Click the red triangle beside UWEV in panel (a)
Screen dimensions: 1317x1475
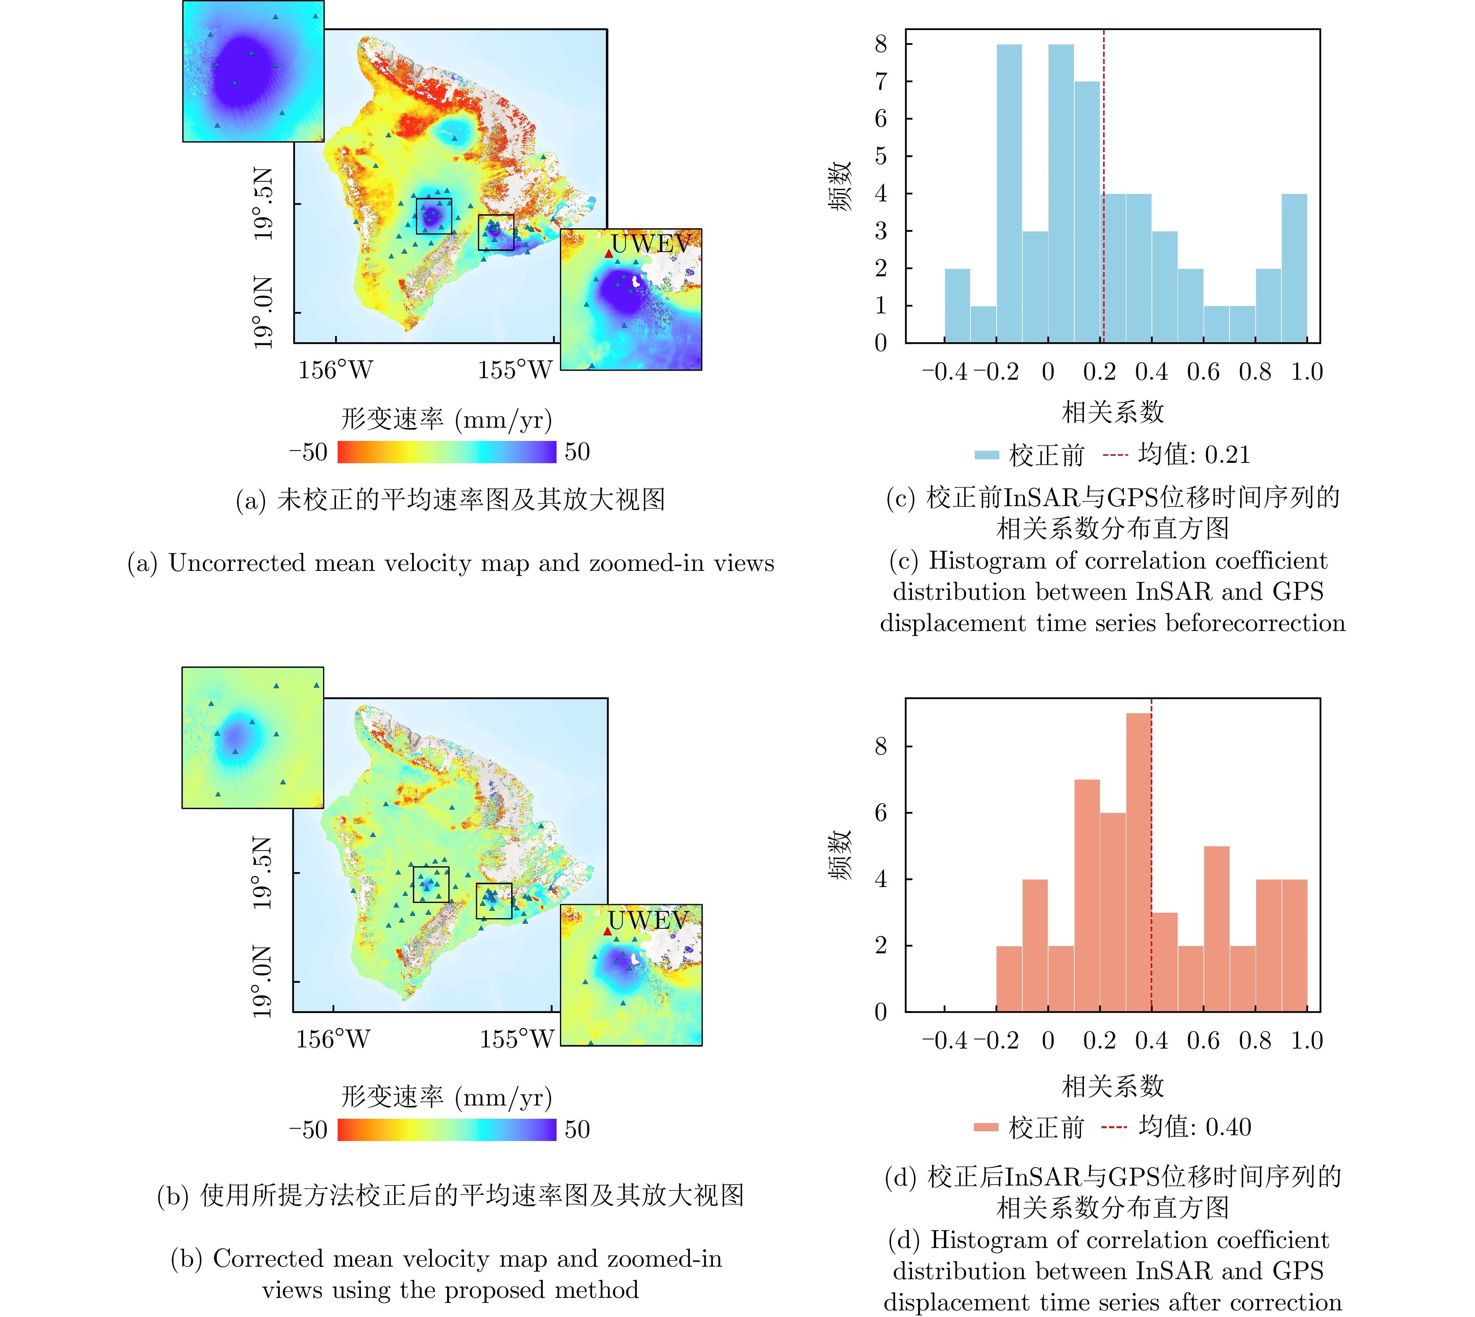(609, 254)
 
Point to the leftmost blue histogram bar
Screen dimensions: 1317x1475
(958, 306)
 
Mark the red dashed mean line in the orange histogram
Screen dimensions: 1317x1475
(1151, 832)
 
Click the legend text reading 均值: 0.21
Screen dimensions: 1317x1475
(1194, 455)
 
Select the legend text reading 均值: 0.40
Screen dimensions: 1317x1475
(1195, 1127)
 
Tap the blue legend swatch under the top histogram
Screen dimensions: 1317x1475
(986, 455)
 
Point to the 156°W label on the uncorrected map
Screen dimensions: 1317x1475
(335, 370)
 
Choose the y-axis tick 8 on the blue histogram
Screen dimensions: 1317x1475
(880, 45)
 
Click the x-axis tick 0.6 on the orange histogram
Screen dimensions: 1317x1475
(1203, 1041)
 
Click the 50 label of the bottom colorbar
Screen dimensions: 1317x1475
(577, 1130)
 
